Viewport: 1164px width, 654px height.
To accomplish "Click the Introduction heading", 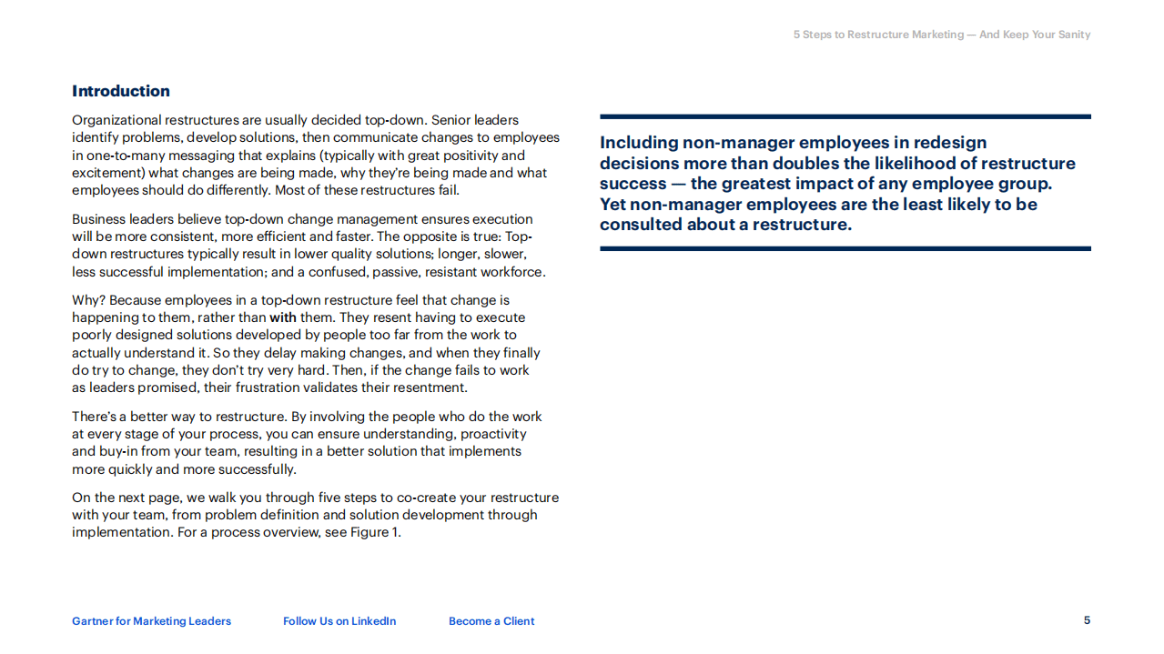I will click(x=121, y=91).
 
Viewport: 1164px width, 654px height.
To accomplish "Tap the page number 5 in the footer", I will click(x=1087, y=620).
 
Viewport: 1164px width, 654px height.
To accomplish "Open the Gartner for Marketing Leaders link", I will click(x=151, y=621).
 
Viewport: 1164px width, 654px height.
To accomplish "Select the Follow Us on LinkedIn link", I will click(x=339, y=621).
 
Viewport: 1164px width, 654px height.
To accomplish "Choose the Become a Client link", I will click(x=491, y=621).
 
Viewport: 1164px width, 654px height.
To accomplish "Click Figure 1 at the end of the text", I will click(x=375, y=532).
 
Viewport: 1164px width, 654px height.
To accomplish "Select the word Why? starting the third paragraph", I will click(x=88, y=300).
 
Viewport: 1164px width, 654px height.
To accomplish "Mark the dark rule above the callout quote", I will click(x=845, y=116).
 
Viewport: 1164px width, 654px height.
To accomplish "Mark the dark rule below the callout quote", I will click(x=845, y=248).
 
